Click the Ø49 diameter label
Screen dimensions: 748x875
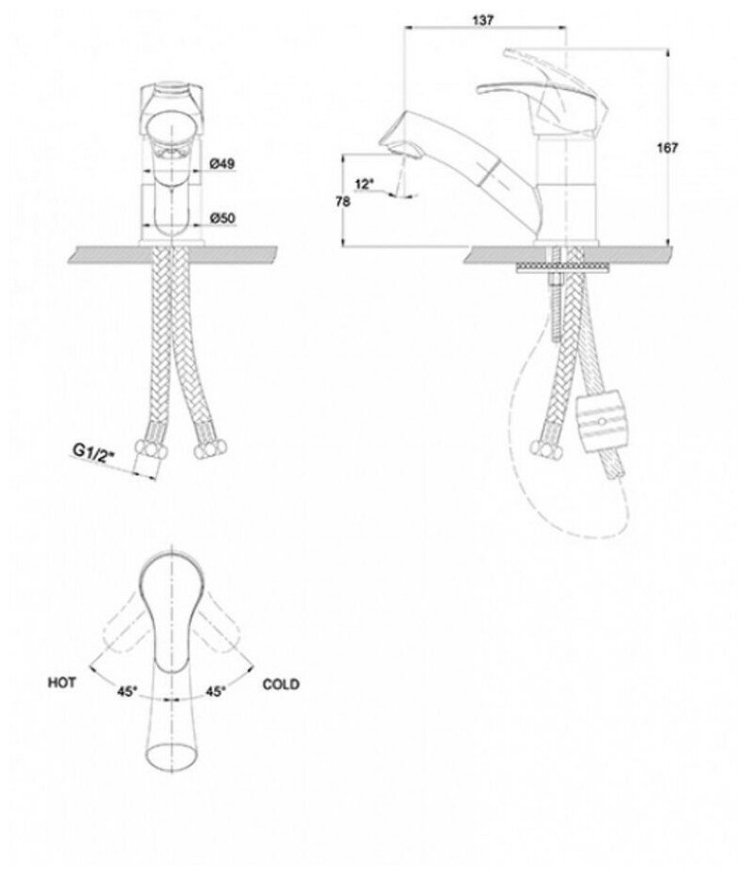(221, 163)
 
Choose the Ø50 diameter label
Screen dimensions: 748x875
(221, 218)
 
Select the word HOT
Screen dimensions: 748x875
(63, 685)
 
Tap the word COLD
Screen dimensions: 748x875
(282, 685)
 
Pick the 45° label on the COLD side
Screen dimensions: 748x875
(216, 692)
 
